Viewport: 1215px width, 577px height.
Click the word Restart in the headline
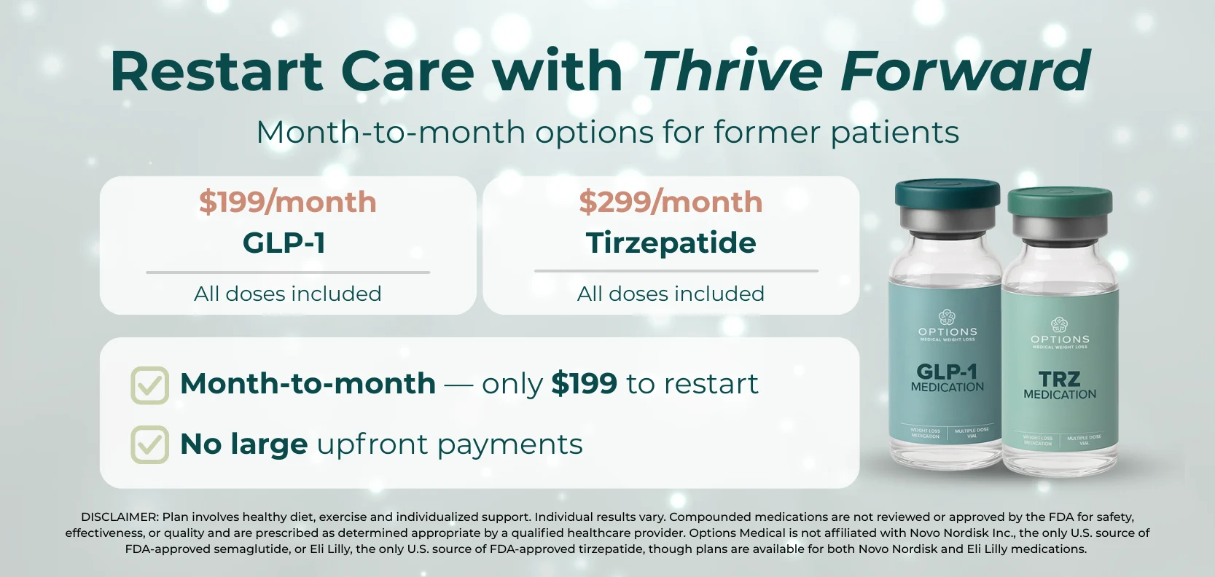tap(216, 71)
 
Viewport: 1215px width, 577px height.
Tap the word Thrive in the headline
tap(732, 71)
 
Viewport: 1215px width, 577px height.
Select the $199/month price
tap(288, 202)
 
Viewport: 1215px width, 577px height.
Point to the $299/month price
tap(671, 202)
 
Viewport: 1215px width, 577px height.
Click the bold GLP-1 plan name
tap(284, 243)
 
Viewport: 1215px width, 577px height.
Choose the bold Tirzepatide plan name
tap(671, 243)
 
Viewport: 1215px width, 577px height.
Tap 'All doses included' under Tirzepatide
tap(671, 294)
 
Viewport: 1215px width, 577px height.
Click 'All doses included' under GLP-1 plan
tap(288, 294)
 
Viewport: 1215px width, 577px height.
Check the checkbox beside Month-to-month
tap(150, 385)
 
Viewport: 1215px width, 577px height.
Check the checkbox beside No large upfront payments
tap(150, 444)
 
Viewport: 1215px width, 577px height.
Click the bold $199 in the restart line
tap(584, 383)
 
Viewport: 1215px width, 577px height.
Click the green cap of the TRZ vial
tap(1060, 203)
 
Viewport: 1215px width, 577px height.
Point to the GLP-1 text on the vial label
tap(947, 372)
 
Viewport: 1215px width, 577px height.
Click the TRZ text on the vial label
tap(1059, 379)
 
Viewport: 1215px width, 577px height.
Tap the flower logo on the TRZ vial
tap(1059, 324)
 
